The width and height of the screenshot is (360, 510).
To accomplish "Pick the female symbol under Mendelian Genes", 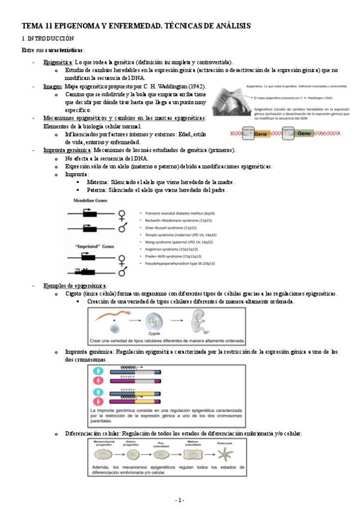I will (x=122, y=214).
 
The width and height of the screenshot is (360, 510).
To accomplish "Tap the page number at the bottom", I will (x=180, y=500).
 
